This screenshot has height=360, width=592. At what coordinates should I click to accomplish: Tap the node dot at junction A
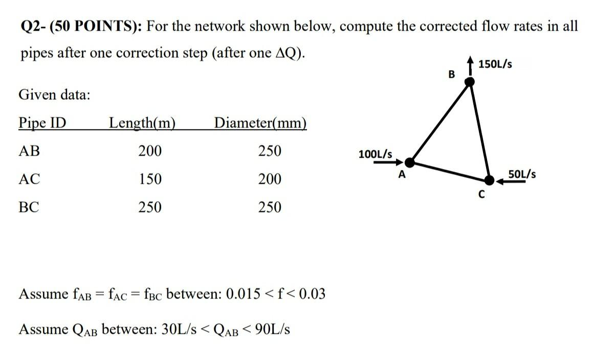(409, 162)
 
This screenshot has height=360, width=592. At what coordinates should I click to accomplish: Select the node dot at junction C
(490, 180)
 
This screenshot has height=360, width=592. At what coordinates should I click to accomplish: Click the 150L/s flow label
(495, 65)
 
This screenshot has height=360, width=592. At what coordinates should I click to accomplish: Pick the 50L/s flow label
(522, 174)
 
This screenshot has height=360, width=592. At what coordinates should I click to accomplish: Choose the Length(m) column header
(142, 123)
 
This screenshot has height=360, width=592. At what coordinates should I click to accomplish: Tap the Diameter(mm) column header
(260, 123)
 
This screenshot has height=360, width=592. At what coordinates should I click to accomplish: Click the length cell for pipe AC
(150, 179)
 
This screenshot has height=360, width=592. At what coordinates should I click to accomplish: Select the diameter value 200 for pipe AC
(270, 179)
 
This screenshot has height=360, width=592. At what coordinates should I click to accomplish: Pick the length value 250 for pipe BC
(150, 207)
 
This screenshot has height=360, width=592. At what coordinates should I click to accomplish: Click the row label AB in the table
(29, 151)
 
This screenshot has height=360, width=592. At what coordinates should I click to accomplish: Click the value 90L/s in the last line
(275, 329)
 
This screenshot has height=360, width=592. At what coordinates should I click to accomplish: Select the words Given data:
(54, 95)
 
